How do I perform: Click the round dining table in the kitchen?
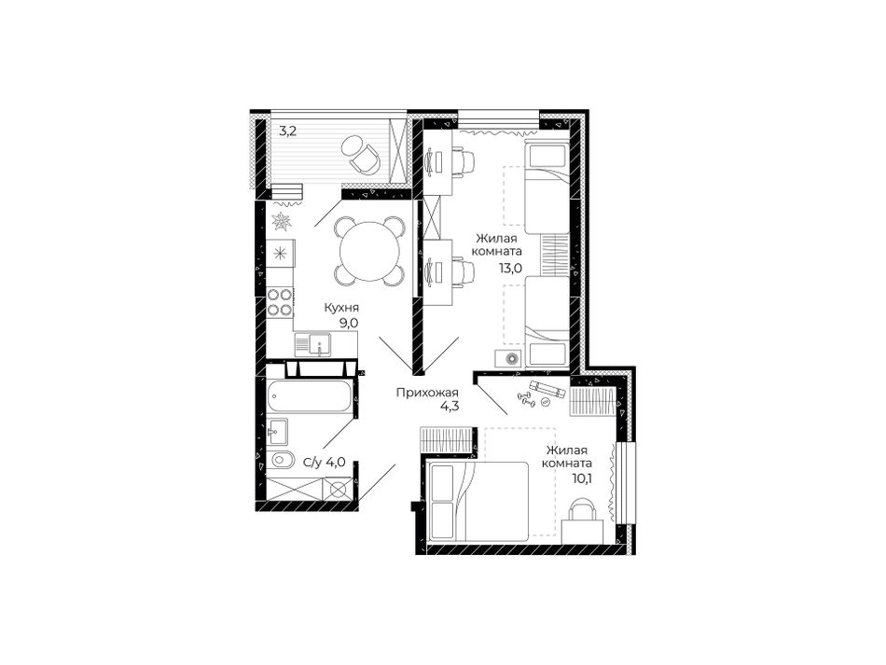[370, 250]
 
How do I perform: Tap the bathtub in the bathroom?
[309, 395]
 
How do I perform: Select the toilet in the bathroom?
[282, 460]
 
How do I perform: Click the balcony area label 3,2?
[288, 132]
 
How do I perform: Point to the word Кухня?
[341, 308]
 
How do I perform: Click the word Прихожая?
[426, 393]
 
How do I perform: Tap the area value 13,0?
[509, 269]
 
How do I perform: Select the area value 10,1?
[581, 478]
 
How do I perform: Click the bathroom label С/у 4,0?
[325, 463]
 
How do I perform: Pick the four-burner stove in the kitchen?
[281, 301]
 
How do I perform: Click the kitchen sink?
[313, 344]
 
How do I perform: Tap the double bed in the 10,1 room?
[478, 501]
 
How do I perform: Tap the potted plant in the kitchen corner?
[281, 221]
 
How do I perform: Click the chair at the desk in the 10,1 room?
[582, 511]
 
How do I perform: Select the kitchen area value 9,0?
[349, 322]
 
